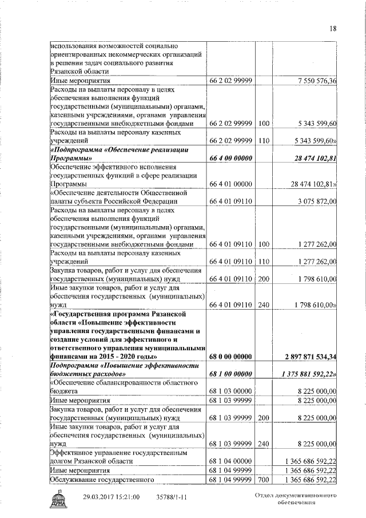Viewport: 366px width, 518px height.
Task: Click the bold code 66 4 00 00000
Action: click(230, 158)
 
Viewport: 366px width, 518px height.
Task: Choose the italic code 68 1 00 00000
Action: click(230, 374)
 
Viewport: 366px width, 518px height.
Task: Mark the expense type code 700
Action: click(263, 479)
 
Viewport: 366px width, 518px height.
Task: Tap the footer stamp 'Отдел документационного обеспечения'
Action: click(294, 499)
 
